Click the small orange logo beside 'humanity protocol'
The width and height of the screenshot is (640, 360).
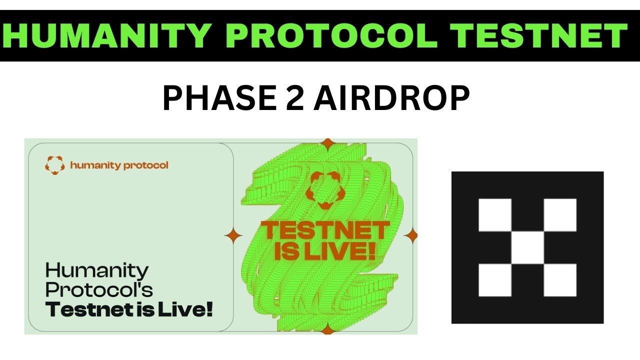click(x=55, y=165)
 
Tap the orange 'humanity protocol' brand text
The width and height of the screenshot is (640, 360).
click(x=119, y=165)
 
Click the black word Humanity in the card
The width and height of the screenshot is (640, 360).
click(x=97, y=271)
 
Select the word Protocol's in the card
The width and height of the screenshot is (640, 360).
click(x=99, y=290)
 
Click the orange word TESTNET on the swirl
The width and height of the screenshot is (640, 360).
click(x=325, y=231)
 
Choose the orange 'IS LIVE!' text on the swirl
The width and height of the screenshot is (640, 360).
click(x=325, y=250)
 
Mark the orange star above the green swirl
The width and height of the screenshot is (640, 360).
click(x=327, y=144)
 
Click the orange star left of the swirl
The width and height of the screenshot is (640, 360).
click(x=233, y=235)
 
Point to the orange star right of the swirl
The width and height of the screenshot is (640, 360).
click(x=410, y=235)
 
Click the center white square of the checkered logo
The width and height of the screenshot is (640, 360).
click(x=527, y=247)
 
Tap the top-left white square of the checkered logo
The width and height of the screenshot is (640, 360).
click(x=495, y=215)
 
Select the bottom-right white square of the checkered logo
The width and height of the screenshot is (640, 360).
click(x=560, y=280)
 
